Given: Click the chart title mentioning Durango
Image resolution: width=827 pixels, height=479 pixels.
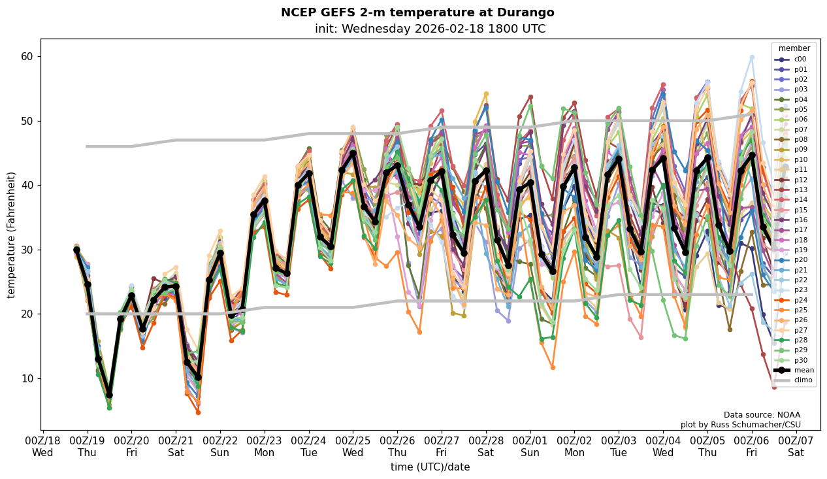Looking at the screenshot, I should tap(417, 12).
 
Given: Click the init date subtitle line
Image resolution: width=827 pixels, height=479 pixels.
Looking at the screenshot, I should tap(430, 29).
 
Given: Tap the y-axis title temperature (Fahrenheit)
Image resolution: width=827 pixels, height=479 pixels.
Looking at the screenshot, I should tap(11, 235).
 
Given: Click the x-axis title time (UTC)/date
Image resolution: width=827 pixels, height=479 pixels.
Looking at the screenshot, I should tap(430, 467).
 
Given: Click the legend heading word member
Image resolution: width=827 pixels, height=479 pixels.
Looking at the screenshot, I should tap(794, 48).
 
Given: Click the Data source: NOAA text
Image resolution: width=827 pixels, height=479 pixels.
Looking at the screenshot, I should tap(762, 415).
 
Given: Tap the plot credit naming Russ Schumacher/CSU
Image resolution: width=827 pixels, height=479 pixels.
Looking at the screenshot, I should tap(740, 425).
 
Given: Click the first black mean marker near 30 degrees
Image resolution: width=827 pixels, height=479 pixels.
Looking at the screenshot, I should tap(76, 250).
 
